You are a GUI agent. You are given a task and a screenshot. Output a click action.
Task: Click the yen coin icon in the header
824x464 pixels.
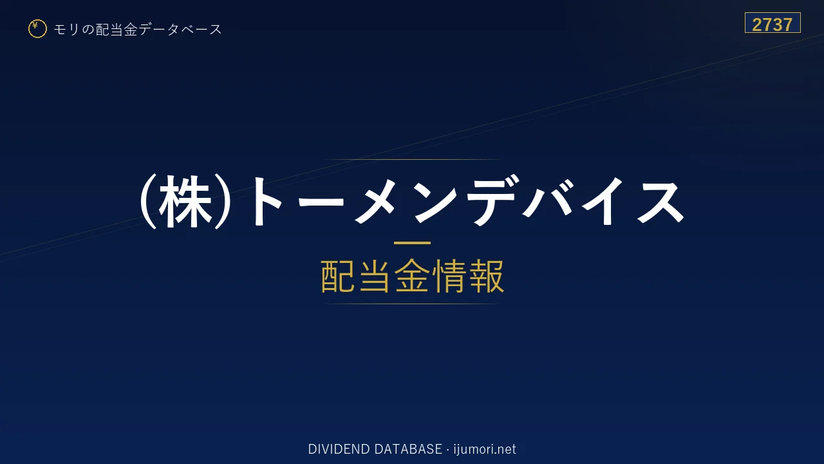(37, 29)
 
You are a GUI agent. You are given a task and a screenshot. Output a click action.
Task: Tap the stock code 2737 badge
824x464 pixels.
(772, 23)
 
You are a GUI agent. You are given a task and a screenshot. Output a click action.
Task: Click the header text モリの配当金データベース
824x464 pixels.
(138, 30)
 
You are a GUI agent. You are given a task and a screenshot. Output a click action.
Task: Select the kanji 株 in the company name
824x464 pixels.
(185, 202)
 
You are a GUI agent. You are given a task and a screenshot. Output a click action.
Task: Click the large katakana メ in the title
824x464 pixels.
(375, 202)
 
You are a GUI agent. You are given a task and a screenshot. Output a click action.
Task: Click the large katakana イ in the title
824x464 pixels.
(603, 202)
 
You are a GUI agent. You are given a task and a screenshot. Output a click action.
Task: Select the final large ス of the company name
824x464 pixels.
(660, 202)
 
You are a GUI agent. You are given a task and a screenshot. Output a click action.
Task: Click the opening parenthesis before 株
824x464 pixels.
(147, 202)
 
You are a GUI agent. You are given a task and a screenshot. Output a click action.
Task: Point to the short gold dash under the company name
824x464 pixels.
(412, 243)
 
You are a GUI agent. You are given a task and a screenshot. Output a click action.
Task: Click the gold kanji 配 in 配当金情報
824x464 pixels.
(339, 276)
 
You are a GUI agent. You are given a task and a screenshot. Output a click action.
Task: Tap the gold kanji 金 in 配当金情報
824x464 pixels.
(412, 276)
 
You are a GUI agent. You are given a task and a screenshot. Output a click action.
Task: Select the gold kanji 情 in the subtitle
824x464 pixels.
(449, 276)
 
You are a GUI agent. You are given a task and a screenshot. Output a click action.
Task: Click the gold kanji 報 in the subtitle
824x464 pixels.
(486, 276)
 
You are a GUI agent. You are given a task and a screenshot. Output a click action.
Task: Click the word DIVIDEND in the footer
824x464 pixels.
(339, 449)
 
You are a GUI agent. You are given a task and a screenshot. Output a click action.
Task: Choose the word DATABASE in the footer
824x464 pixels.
(408, 449)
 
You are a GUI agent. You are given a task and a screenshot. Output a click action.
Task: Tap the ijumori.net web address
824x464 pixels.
(485, 450)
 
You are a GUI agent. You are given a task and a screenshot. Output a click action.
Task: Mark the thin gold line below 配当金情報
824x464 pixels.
(412, 304)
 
